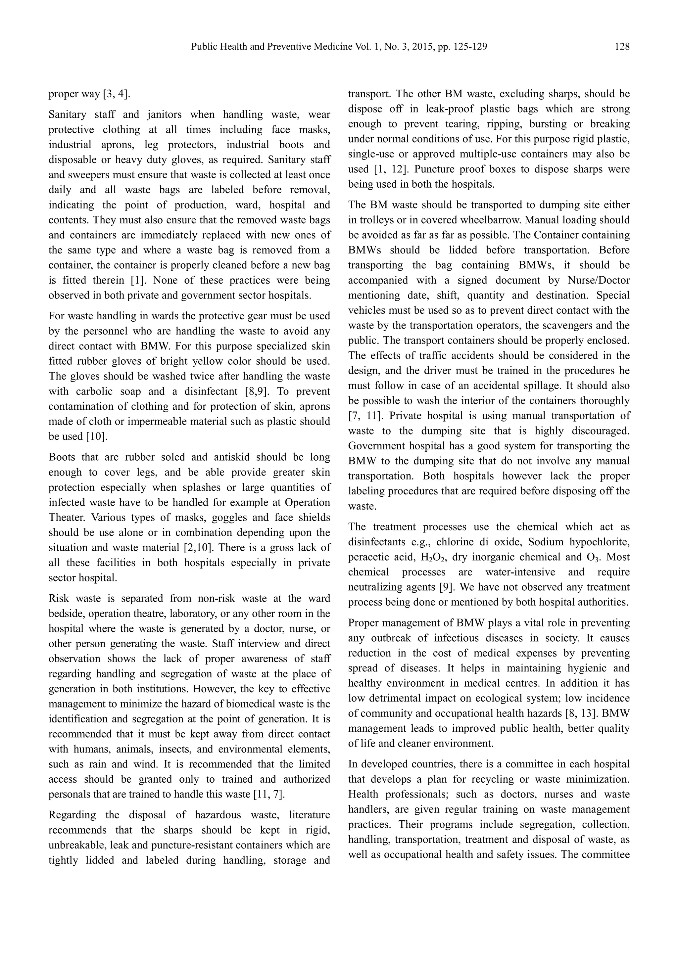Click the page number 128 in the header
622,47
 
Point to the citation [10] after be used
96,436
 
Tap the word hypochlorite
601,542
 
